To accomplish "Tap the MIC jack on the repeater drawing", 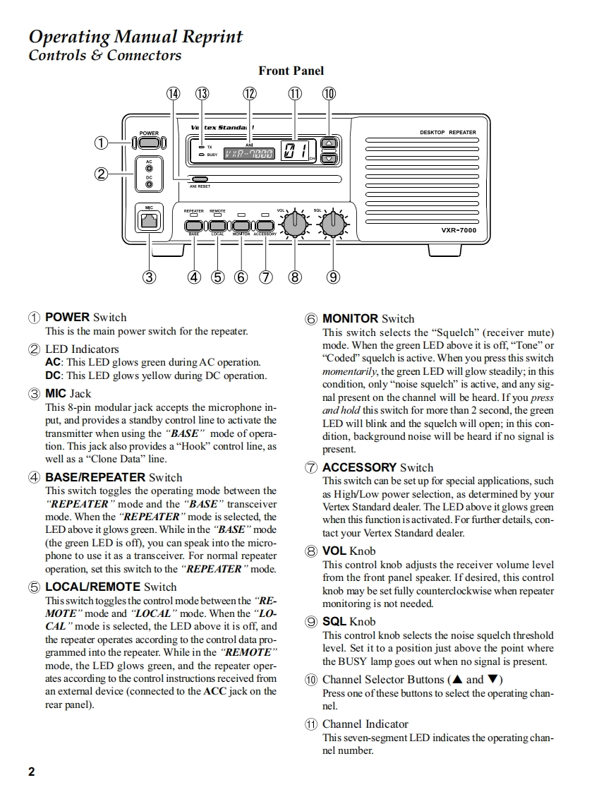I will (149, 221).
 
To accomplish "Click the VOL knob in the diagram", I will (294, 224).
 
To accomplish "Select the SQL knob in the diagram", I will (331, 224).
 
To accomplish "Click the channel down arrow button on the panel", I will (329, 159).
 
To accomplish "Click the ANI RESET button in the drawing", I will (200, 179).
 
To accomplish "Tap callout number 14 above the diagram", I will (174, 94).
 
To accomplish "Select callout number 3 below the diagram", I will (149, 277).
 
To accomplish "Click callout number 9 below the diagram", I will (333, 277).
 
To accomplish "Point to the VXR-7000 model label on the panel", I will (459, 230).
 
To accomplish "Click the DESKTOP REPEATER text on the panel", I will (447, 132).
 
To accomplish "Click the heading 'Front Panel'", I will (291, 71).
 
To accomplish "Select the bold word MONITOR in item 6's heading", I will (350, 318).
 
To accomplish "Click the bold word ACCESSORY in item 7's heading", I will (359, 467).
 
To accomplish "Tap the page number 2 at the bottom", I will (31, 771).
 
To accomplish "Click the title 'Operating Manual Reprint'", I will (135, 37).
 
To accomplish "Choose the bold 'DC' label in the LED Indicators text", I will (54, 376).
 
